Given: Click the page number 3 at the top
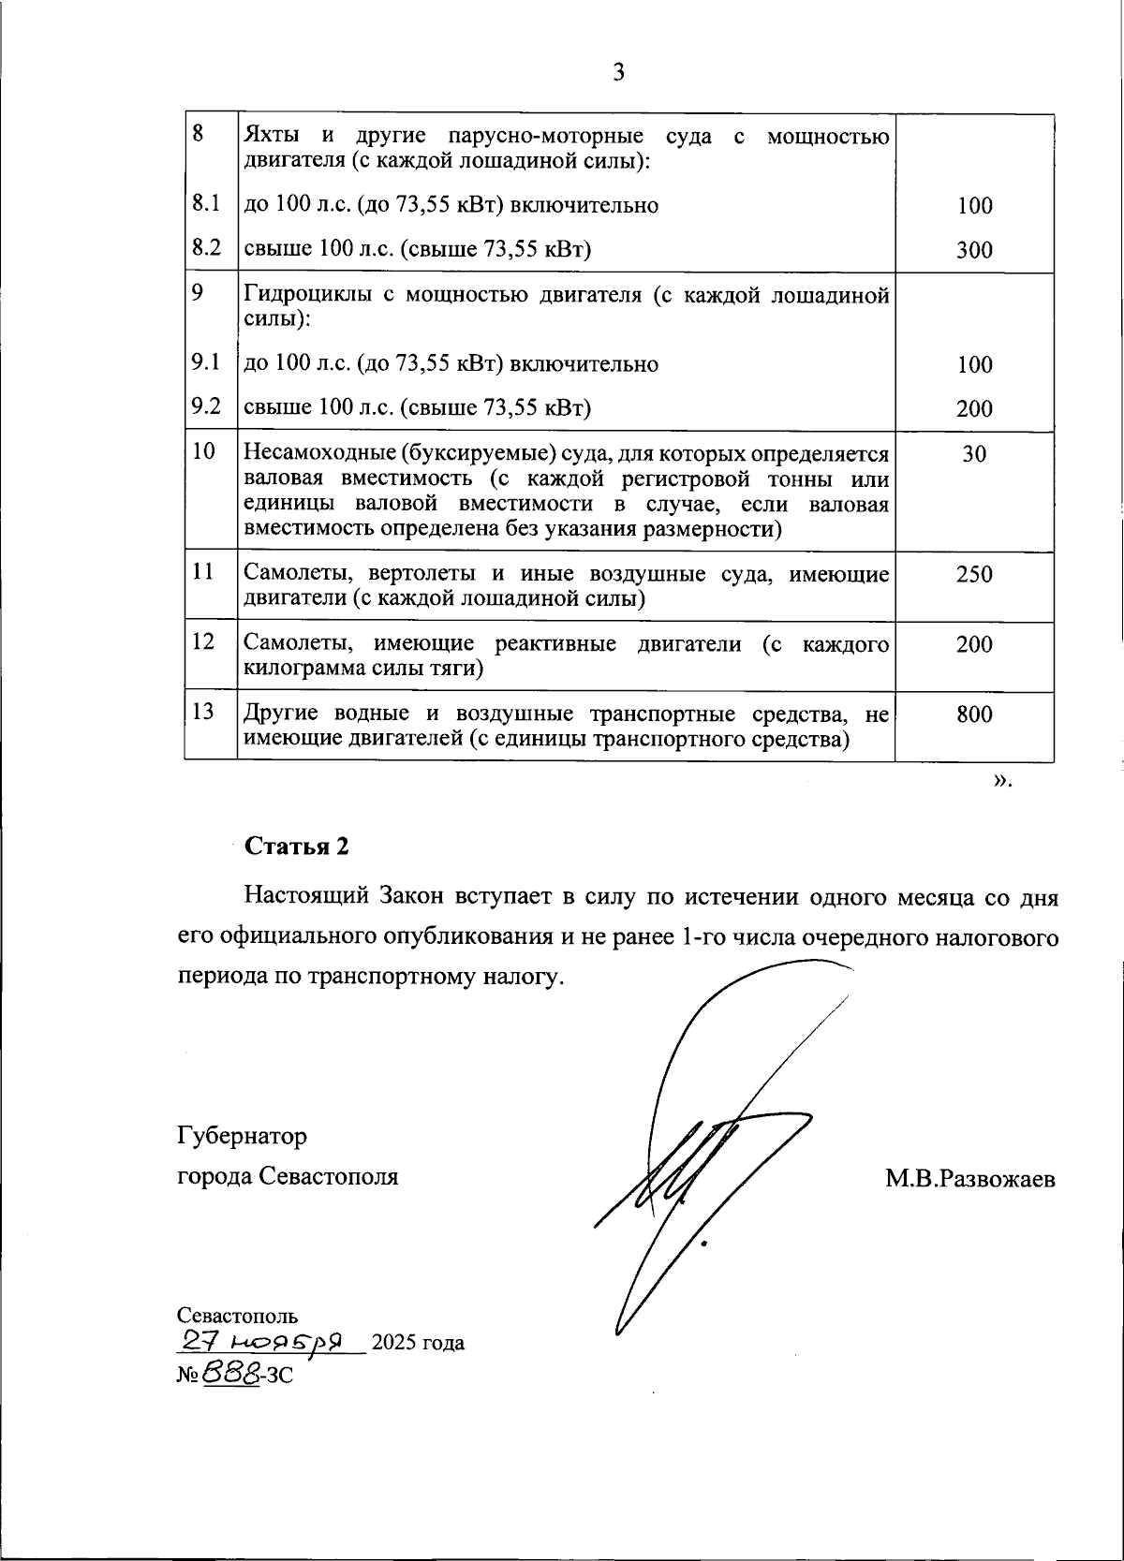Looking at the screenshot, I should [x=618, y=72].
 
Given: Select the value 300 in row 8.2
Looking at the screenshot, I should [x=974, y=250].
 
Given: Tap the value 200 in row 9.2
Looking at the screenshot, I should [x=974, y=408].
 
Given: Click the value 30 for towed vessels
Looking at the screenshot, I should [x=974, y=454].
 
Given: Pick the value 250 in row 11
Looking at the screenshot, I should [x=974, y=574].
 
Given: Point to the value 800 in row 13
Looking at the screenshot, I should [x=974, y=715].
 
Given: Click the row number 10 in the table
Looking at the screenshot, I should [x=203, y=452].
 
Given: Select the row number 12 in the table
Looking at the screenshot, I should [x=203, y=642].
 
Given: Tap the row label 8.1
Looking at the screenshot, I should [x=205, y=203].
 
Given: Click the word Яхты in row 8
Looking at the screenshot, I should [x=269, y=137].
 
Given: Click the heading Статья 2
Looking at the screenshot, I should [x=297, y=847].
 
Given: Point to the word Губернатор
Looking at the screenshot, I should [x=242, y=1137].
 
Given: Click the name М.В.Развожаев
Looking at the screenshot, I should [x=969, y=1179].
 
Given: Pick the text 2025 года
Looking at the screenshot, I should [x=418, y=1343].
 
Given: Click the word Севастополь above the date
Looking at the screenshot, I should [x=238, y=1316].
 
